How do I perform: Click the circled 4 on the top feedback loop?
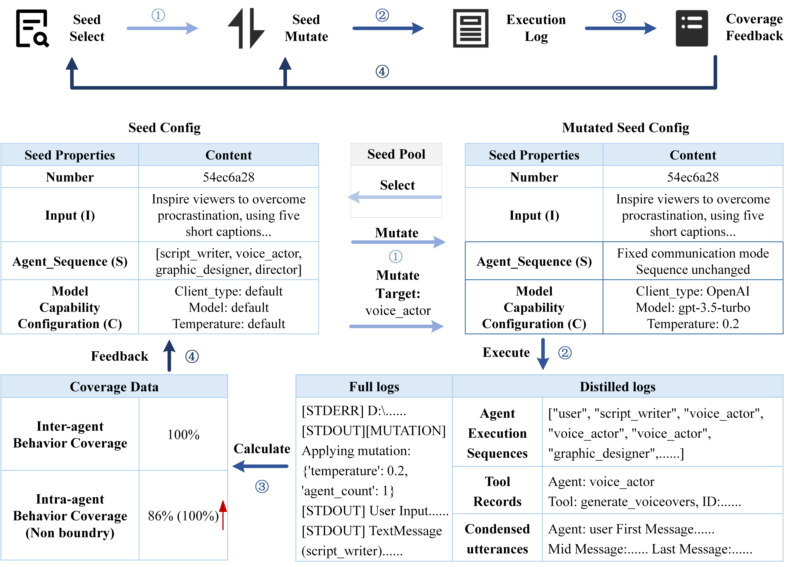click(382, 72)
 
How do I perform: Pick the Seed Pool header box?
click(396, 154)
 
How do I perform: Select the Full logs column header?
click(374, 386)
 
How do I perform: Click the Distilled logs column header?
click(617, 386)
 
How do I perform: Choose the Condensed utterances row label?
click(497, 539)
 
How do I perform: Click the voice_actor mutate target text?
click(398, 310)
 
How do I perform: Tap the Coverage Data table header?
click(114, 386)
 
